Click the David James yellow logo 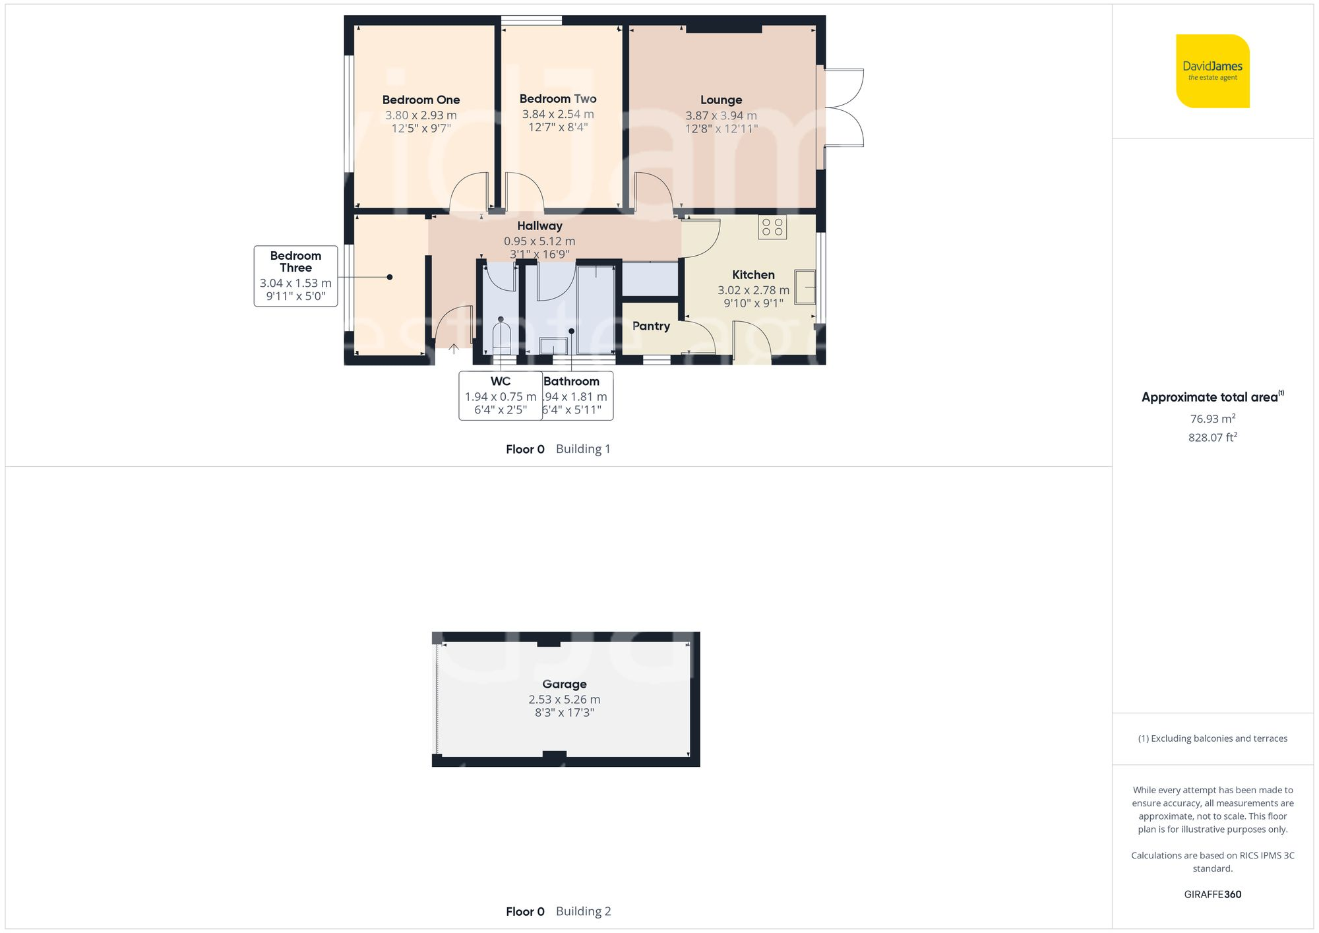(x=1212, y=71)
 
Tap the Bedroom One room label (x=421, y=100)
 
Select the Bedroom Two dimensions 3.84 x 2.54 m (x=558, y=114)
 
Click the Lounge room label (x=721, y=100)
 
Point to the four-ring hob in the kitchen (x=772, y=227)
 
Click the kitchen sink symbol (x=805, y=287)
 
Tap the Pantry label (x=651, y=326)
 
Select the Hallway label (x=539, y=226)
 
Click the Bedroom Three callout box (x=295, y=276)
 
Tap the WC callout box (x=500, y=396)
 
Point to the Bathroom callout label (x=572, y=382)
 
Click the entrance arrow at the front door (x=454, y=348)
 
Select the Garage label (x=564, y=684)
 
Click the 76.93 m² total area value (x=1212, y=419)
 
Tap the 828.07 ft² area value (x=1212, y=438)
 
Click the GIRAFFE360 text (x=1212, y=895)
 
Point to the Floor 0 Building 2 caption (x=558, y=911)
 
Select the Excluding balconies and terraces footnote (x=1212, y=738)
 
